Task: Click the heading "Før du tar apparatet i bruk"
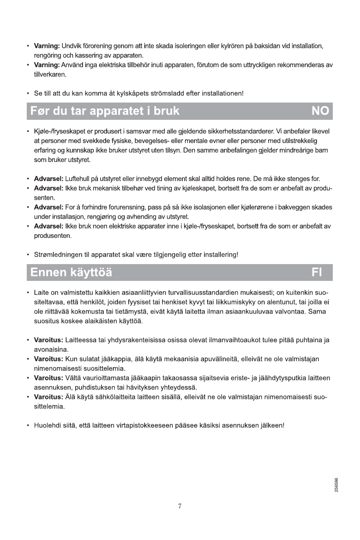[105, 111]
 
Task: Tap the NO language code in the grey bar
[320, 111]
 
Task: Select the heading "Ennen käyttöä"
[71, 273]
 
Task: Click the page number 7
[180, 506]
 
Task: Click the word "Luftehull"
[80, 177]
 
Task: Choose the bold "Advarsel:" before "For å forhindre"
[49, 207]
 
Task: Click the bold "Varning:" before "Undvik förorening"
[47, 46]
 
